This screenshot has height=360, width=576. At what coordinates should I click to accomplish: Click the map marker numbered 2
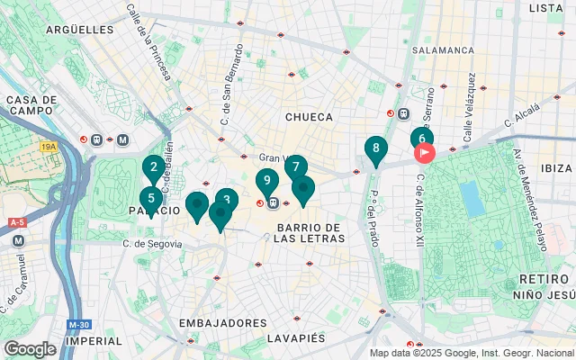click(153, 167)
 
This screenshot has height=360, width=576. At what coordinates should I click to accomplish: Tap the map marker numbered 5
click(150, 199)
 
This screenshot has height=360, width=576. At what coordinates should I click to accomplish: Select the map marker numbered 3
click(227, 201)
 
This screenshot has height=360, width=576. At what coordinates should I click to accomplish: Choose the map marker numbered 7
click(295, 167)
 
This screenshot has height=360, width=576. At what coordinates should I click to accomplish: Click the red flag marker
click(424, 153)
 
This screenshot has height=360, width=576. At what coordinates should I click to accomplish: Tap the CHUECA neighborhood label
click(309, 117)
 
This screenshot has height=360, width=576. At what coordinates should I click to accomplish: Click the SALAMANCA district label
click(444, 50)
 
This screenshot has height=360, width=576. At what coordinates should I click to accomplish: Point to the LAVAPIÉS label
click(295, 338)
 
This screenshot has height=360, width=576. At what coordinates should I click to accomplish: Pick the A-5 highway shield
click(16, 221)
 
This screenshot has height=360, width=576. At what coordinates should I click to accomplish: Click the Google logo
click(30, 349)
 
